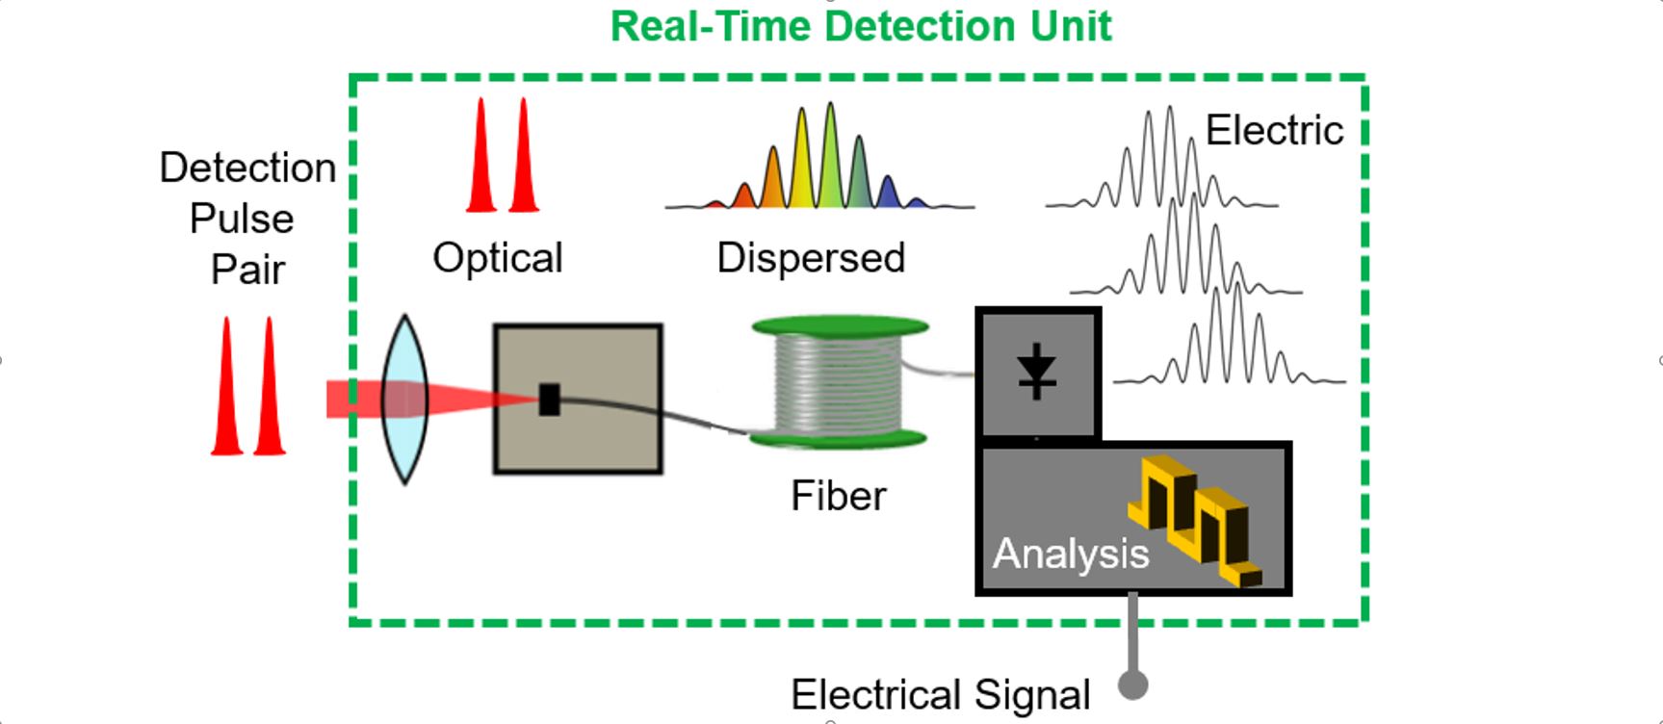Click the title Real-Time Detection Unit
[x=861, y=26]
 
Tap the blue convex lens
[x=404, y=399]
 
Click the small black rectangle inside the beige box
[x=549, y=400]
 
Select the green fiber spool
[x=839, y=383]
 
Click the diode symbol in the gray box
[x=1037, y=372]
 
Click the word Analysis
[x=1071, y=554]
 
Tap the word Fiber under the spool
[x=838, y=496]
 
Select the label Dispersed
[x=811, y=258]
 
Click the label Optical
[x=498, y=258]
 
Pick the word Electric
[x=1274, y=130]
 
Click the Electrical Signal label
[x=940, y=694]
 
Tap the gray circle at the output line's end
[x=1133, y=685]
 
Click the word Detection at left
[x=247, y=168]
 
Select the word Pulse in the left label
[x=242, y=219]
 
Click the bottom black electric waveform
[x=1230, y=337]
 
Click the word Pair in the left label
[x=247, y=270]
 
